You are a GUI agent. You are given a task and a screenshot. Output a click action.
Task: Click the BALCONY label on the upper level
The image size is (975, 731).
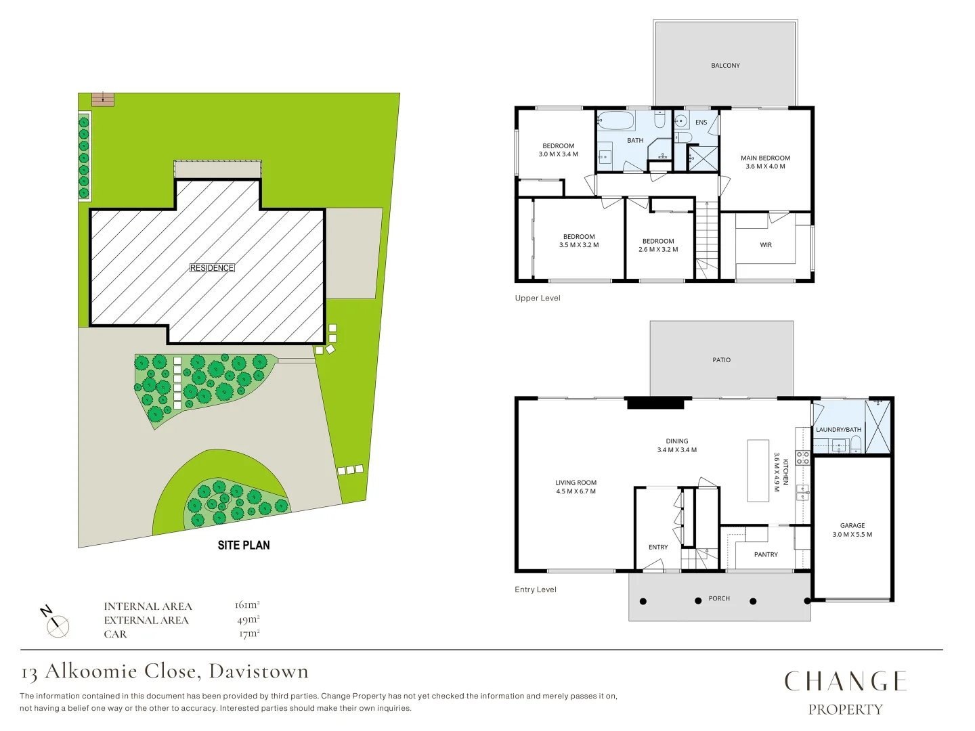pyautogui.click(x=725, y=66)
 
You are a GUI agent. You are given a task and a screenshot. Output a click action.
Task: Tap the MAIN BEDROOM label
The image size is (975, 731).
pyautogui.click(x=765, y=158)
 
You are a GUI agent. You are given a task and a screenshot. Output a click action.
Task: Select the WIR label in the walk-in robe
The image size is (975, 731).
pyautogui.click(x=766, y=245)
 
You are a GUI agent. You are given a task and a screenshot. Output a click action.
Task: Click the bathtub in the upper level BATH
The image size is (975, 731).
pyautogui.click(x=616, y=121)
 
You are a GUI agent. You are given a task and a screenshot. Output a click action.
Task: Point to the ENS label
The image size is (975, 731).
pyautogui.click(x=701, y=123)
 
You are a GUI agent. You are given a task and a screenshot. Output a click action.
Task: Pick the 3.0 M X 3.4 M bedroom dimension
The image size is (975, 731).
pyautogui.click(x=558, y=154)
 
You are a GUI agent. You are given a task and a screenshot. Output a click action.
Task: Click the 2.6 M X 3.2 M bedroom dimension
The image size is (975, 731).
pyautogui.click(x=658, y=250)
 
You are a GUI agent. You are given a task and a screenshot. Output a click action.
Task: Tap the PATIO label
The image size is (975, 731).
pyautogui.click(x=721, y=360)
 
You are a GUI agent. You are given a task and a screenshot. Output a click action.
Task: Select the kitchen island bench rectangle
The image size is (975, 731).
pyautogui.click(x=758, y=470)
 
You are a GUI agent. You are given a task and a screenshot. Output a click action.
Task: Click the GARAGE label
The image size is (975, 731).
pyautogui.click(x=852, y=525)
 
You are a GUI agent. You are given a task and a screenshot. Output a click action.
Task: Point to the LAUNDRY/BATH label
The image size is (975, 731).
pyautogui.click(x=838, y=430)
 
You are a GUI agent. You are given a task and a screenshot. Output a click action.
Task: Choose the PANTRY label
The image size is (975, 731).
pyautogui.click(x=766, y=554)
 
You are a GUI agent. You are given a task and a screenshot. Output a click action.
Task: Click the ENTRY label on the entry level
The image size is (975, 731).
pyautogui.click(x=658, y=547)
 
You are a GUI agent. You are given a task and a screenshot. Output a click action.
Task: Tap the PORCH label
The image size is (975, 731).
pyautogui.click(x=719, y=598)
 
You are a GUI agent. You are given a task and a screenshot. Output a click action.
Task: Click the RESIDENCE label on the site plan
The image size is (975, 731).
pyautogui.click(x=212, y=268)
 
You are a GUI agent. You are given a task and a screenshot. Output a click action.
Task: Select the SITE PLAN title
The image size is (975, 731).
pyautogui.click(x=244, y=545)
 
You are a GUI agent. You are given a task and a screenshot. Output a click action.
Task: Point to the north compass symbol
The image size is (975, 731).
pyautogui.click(x=57, y=625)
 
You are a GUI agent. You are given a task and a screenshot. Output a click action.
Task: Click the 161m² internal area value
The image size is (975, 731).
pyautogui.click(x=247, y=605)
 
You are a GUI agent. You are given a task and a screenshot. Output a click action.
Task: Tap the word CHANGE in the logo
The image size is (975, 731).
pyautogui.click(x=845, y=682)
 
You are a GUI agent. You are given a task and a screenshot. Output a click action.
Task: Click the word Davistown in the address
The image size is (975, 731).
pyautogui.click(x=259, y=671)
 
